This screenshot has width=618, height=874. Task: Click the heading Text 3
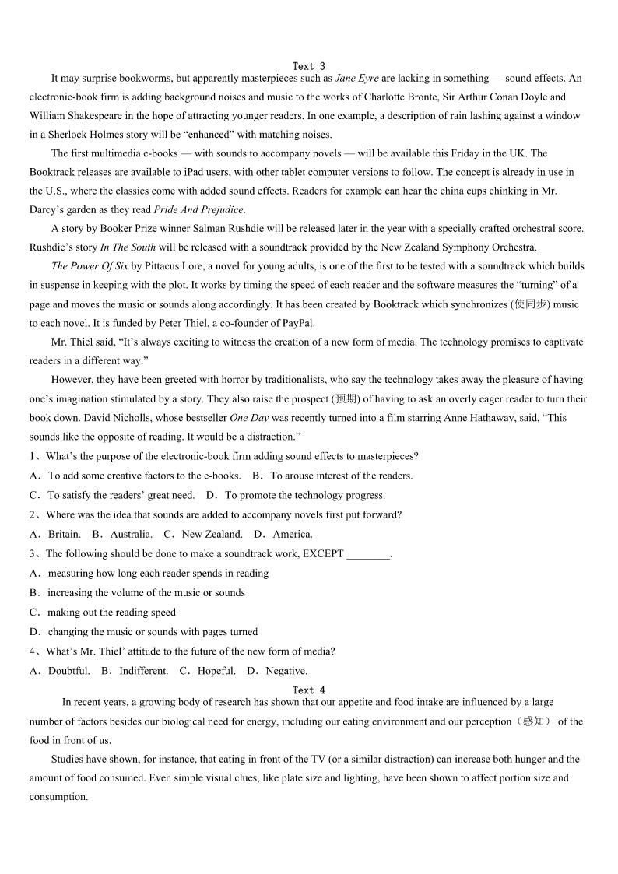tap(309, 66)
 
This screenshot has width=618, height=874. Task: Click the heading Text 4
tap(309, 690)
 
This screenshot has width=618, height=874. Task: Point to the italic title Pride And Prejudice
tap(198, 209)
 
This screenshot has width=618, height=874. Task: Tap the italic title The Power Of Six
tap(85, 266)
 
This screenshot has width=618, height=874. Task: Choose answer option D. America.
tap(283, 534)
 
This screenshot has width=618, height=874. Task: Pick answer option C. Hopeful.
tap(207, 671)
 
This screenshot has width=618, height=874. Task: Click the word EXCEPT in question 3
tap(322, 554)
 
